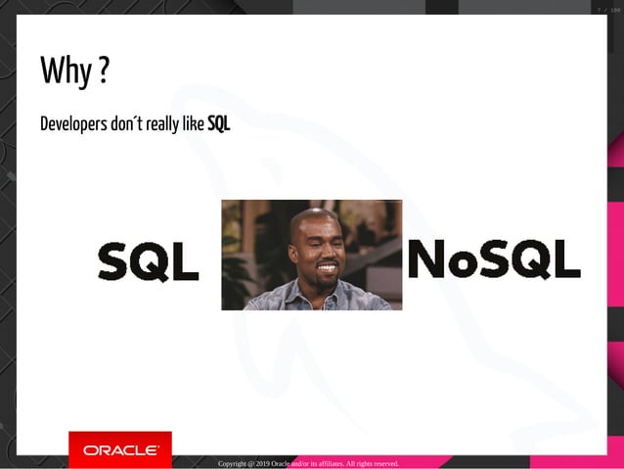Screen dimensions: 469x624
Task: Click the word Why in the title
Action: click(66, 70)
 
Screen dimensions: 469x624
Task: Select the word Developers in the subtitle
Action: click(73, 124)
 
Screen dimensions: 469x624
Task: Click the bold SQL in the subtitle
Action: click(218, 124)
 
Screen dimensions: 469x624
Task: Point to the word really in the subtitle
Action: click(163, 124)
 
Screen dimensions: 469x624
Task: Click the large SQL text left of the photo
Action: click(148, 262)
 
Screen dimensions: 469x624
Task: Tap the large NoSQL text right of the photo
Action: click(493, 258)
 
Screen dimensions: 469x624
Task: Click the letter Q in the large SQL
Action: click(148, 262)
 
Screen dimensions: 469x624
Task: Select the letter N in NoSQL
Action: click(425, 258)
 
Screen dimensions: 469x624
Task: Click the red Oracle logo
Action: click(120, 449)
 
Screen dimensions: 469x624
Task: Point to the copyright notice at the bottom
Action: click(308, 463)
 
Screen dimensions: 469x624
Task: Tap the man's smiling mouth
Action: click(326, 266)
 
